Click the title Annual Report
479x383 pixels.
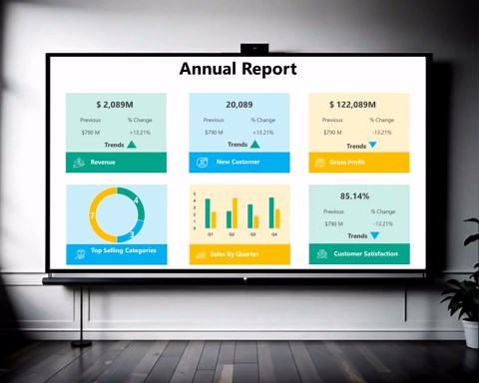click(239, 69)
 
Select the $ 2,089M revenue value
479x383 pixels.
click(116, 104)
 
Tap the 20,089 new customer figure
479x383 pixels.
click(239, 104)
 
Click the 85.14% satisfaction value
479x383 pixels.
click(354, 195)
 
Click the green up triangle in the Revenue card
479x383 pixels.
click(132, 145)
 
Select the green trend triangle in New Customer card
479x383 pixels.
click(255, 145)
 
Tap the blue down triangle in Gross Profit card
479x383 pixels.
click(372, 145)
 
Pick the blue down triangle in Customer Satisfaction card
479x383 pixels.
click(375, 235)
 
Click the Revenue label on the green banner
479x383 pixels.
click(103, 162)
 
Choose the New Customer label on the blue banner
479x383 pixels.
click(238, 162)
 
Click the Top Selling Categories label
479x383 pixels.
click(123, 251)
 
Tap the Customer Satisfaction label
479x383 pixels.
click(366, 253)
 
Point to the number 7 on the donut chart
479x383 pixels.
click(92, 214)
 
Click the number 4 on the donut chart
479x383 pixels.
click(136, 199)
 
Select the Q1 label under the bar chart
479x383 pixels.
click(210, 234)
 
